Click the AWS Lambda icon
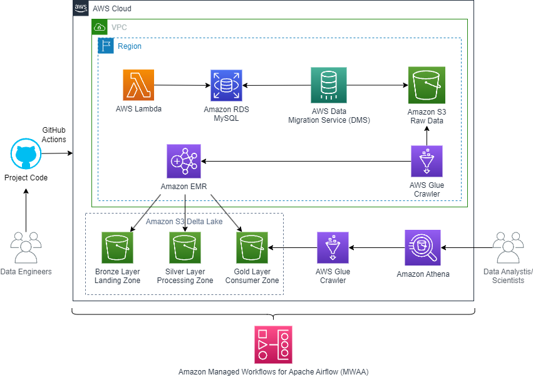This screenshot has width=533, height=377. point(138,85)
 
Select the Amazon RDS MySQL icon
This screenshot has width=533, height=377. point(226,85)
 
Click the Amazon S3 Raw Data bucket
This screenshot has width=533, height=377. point(427,85)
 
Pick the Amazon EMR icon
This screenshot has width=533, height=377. point(183,160)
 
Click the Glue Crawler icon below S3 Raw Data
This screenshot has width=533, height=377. point(427,162)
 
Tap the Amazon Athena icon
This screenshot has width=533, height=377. point(423,247)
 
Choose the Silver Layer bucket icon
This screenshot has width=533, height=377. point(185,247)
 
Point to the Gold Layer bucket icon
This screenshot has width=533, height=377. point(252,247)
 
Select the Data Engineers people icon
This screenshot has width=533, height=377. point(26,248)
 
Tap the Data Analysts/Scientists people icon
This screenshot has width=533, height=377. point(508,248)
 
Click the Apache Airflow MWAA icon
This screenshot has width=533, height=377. point(273,344)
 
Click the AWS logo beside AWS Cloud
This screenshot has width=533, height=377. point(81,8)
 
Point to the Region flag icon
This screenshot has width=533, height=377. point(105,46)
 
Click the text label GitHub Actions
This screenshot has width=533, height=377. point(54,135)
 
